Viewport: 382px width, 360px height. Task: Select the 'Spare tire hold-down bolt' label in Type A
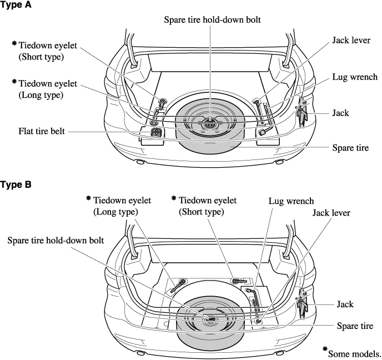pyautogui.click(x=212, y=19)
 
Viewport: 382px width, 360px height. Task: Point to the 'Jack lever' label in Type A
pyautogui.click(x=351, y=41)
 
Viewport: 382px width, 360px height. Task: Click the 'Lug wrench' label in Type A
pyautogui.click(x=355, y=77)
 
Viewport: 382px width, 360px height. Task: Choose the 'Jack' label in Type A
pyautogui.click(x=340, y=113)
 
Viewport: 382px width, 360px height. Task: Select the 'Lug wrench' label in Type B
pyautogui.click(x=291, y=201)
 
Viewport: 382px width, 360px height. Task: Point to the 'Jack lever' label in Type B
pyautogui.click(x=331, y=213)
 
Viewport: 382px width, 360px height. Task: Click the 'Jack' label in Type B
pyautogui.click(x=345, y=304)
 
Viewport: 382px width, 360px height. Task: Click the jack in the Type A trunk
pyautogui.click(x=303, y=115)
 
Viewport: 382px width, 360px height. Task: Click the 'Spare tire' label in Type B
pyautogui.click(x=355, y=326)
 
